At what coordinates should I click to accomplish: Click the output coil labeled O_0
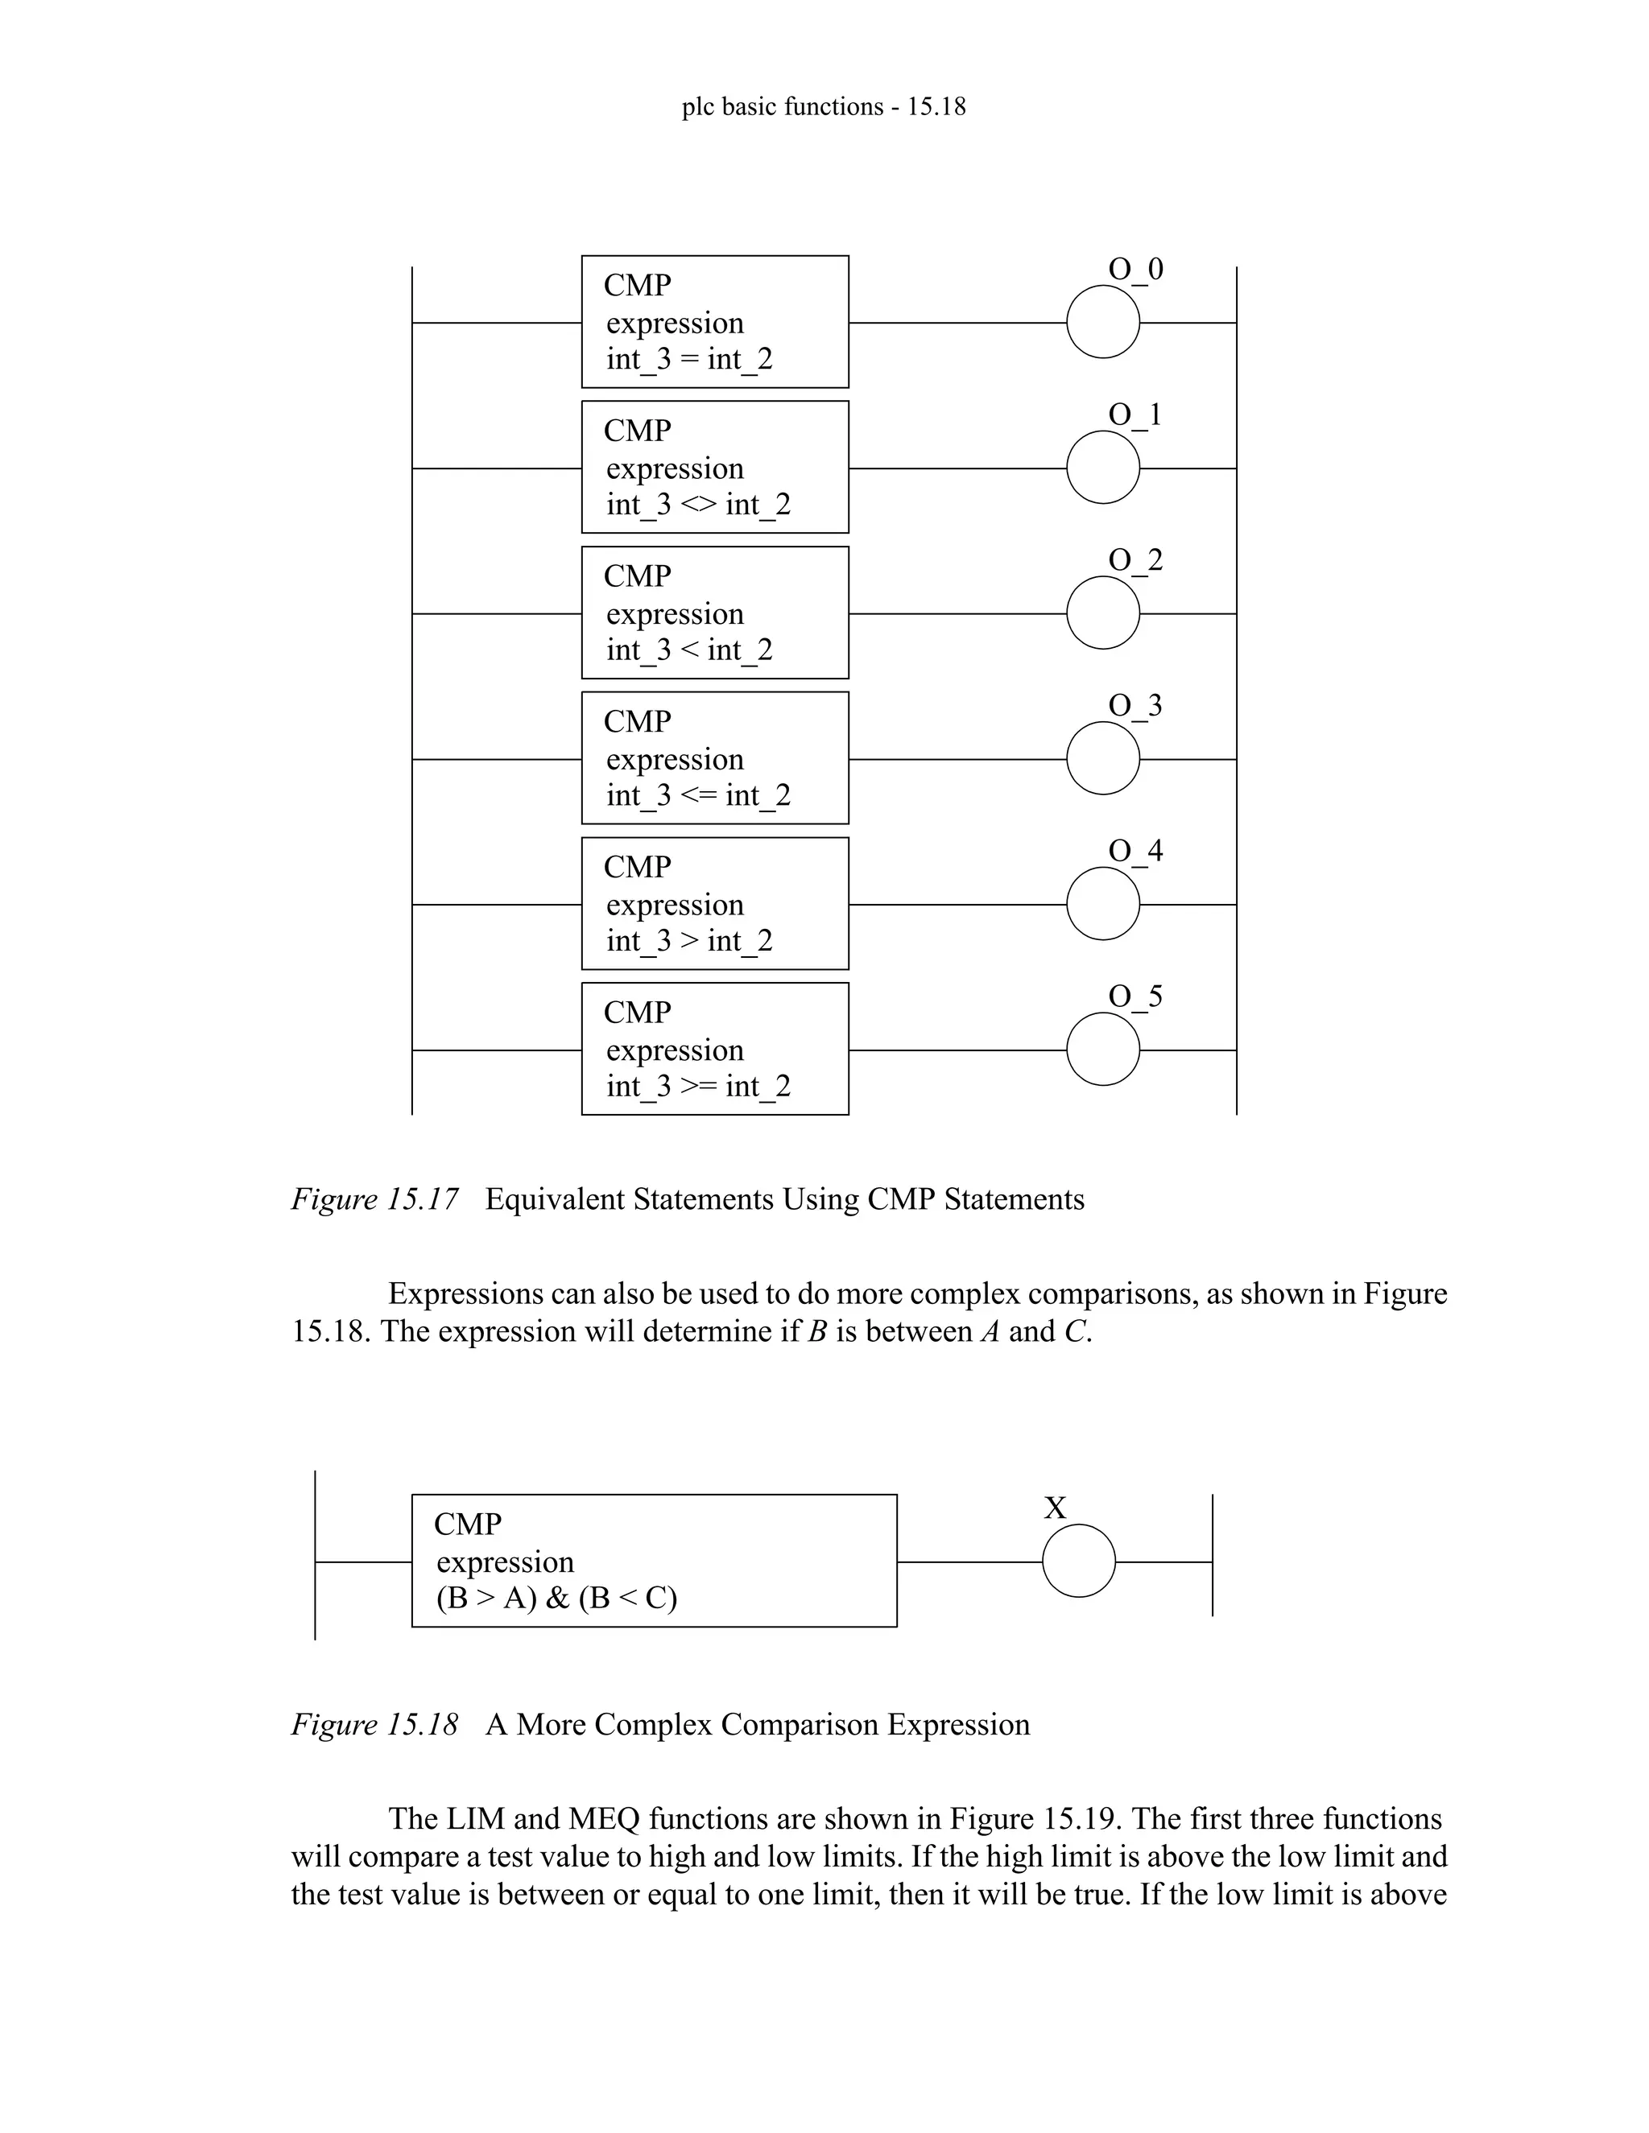(1103, 322)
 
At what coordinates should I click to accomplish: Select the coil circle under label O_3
(1103, 758)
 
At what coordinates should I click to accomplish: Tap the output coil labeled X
(1078, 1561)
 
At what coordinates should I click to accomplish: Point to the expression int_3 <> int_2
(697, 505)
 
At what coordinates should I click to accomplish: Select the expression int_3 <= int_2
(697, 796)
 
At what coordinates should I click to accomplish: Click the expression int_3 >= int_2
(697, 1086)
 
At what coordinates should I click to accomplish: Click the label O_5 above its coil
(1135, 996)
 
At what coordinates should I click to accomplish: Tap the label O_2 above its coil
(1135, 560)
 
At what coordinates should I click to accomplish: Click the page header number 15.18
(936, 106)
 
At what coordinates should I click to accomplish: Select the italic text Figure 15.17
(374, 1199)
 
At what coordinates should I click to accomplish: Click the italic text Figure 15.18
(374, 1725)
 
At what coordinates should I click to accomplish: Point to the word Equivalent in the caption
(555, 1199)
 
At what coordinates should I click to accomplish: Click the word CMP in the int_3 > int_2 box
(637, 867)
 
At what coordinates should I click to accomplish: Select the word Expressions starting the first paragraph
(465, 1294)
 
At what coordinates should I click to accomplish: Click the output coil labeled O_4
(1103, 905)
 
